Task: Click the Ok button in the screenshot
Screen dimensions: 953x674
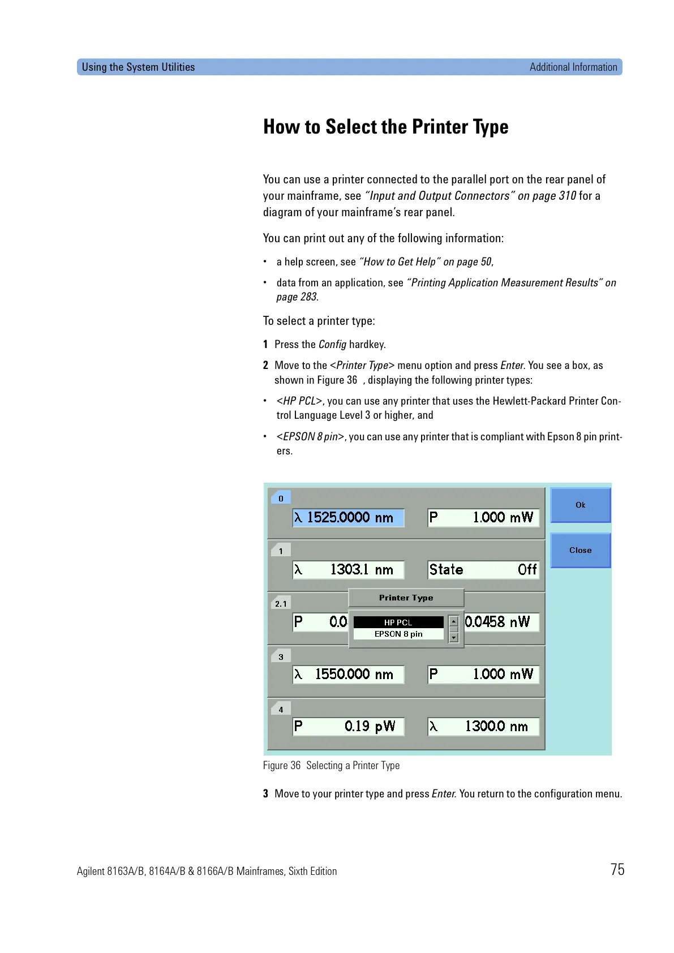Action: pyautogui.click(x=580, y=505)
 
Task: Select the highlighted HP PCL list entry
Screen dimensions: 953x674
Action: pyautogui.click(x=398, y=622)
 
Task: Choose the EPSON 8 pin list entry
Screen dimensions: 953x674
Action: pyautogui.click(x=398, y=634)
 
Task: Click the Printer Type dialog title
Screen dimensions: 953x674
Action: pyautogui.click(x=406, y=598)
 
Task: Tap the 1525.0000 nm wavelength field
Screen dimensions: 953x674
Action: pyautogui.click(x=348, y=517)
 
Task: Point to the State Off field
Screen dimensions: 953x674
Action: pyautogui.click(x=483, y=570)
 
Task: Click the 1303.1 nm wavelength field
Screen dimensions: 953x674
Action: pyautogui.click(x=348, y=570)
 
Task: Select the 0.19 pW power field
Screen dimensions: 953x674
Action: pyautogui.click(x=348, y=727)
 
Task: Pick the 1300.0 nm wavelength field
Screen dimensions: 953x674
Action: pyautogui.click(x=483, y=727)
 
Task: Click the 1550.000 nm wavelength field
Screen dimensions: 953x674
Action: pyautogui.click(x=348, y=674)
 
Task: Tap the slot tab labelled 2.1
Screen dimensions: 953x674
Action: pyautogui.click(x=281, y=603)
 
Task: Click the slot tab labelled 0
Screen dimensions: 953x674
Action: pyautogui.click(x=281, y=498)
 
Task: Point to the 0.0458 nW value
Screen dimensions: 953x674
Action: pyautogui.click(x=498, y=622)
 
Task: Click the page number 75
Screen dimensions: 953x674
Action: pyautogui.click(x=617, y=869)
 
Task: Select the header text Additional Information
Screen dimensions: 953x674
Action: pyautogui.click(x=573, y=67)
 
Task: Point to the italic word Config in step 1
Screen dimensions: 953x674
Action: pyautogui.click(x=332, y=344)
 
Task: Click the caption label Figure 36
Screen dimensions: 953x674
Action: pyautogui.click(x=282, y=765)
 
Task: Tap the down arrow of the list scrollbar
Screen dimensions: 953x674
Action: pyautogui.click(x=453, y=638)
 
